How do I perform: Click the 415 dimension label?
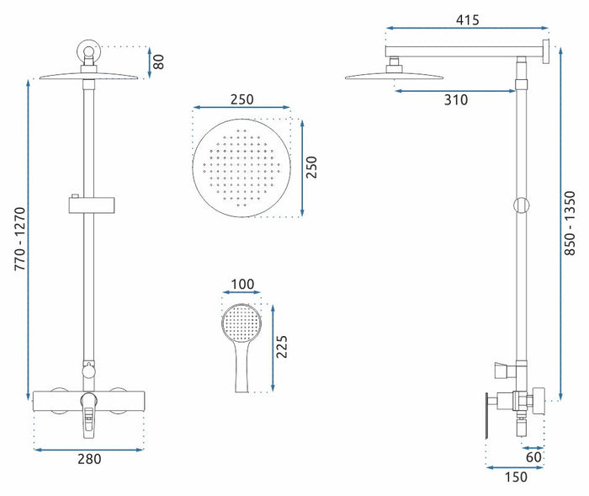pyautogui.click(x=467, y=20)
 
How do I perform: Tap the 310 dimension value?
pyautogui.click(x=456, y=100)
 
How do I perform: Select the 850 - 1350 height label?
pyautogui.click(x=570, y=223)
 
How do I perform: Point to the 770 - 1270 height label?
pyautogui.click(x=20, y=238)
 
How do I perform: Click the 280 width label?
pyautogui.click(x=89, y=459)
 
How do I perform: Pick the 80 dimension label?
pyautogui.click(x=159, y=61)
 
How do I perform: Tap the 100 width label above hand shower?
pyautogui.click(x=242, y=284)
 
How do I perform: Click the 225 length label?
pyautogui.click(x=281, y=346)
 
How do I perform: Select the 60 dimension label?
pyautogui.click(x=533, y=457)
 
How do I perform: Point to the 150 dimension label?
pyautogui.click(x=516, y=477)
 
